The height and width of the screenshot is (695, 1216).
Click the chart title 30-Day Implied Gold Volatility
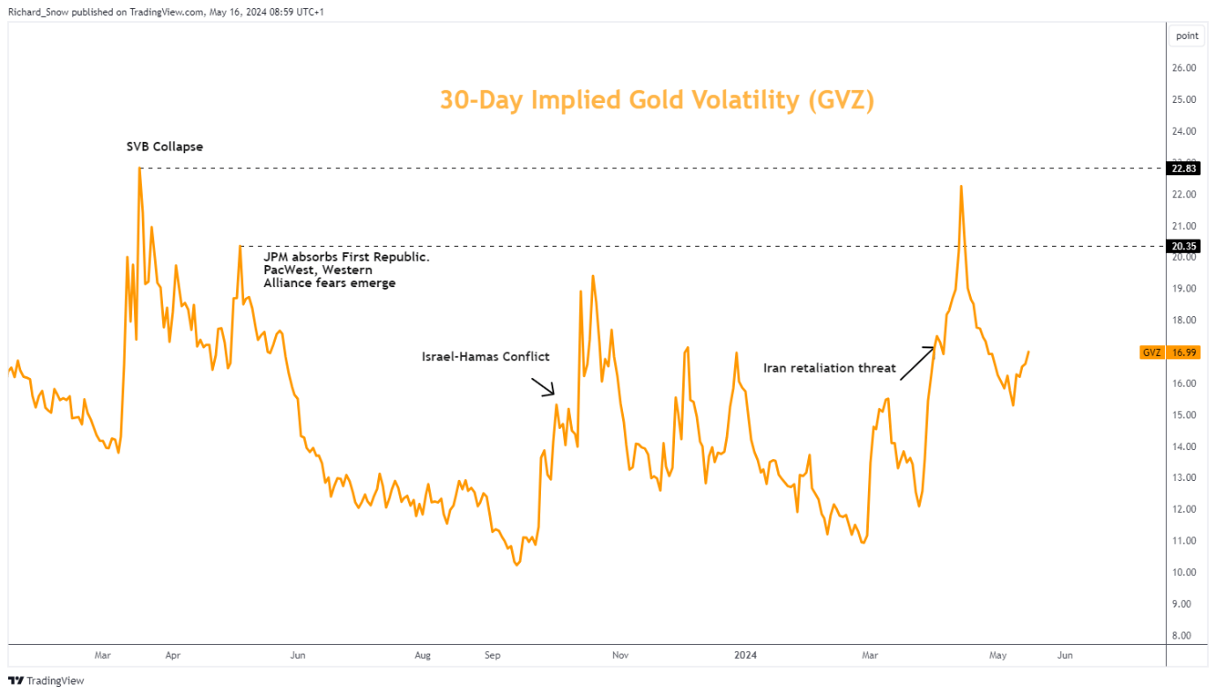tap(656, 100)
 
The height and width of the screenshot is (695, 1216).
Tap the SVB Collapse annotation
tap(165, 146)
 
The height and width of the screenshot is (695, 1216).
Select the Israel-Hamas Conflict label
tap(486, 357)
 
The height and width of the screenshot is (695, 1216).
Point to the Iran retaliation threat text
tap(828, 368)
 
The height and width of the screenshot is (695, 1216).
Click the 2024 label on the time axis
tap(745, 655)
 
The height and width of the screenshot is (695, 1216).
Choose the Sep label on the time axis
tap(493, 655)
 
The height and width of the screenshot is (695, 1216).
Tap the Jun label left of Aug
tap(298, 655)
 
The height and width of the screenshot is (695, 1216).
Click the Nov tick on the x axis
tap(620, 655)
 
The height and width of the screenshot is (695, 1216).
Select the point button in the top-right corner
tap(1187, 36)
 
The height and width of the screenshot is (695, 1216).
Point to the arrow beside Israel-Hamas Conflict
tap(541, 387)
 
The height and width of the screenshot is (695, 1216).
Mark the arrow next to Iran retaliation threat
tap(916, 362)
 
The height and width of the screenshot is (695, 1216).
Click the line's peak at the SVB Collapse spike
tap(139, 167)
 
